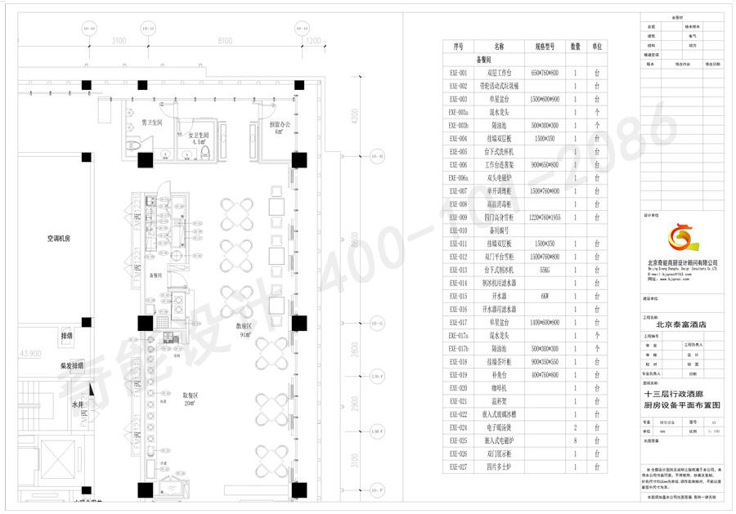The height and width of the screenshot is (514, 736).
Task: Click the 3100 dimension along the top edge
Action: [119, 41]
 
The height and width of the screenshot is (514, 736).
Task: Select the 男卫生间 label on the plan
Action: [152, 122]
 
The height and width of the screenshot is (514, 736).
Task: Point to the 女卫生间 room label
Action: [199, 136]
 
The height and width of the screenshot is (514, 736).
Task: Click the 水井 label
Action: [76, 405]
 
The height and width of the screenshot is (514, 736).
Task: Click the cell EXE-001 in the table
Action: [458, 73]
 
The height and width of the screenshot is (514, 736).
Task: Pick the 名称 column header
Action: [499, 47]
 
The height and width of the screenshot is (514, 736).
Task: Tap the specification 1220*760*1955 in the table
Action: [545, 217]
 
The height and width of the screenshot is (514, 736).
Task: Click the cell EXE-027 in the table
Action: [458, 467]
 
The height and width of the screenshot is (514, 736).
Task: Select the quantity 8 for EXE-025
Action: [576, 440]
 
